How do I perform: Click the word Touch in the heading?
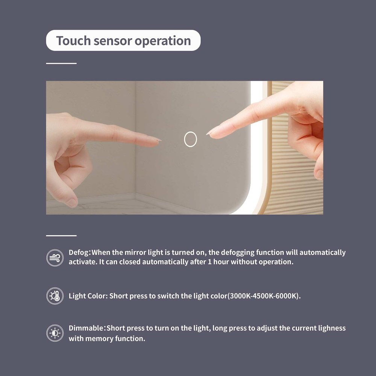(73, 40)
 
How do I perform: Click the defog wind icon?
(55, 258)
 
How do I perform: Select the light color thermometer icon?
(55, 296)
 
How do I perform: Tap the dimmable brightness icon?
(55, 333)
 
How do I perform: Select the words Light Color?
(87, 296)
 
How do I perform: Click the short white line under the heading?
(61, 63)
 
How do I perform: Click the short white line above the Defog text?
(61, 236)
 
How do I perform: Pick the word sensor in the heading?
(113, 41)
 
